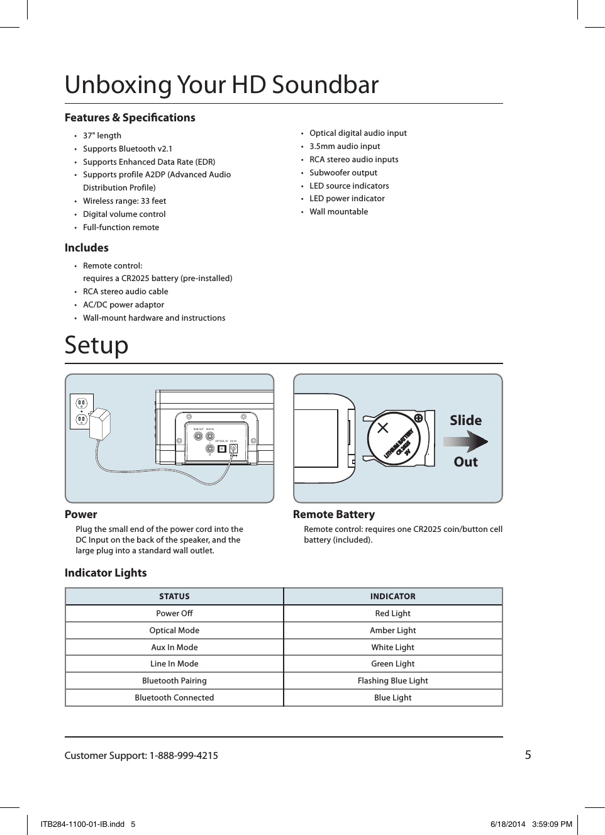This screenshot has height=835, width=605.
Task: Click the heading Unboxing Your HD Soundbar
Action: click(x=221, y=85)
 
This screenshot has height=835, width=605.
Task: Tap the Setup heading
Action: click(x=96, y=345)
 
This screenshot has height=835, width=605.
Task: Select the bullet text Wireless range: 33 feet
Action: click(x=125, y=201)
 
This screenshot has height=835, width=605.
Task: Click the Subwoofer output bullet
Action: click(x=343, y=173)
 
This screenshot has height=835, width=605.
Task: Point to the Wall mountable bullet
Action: click(x=338, y=212)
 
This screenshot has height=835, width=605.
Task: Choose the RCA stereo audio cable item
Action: click(x=125, y=292)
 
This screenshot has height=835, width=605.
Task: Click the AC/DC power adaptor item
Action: click(x=123, y=305)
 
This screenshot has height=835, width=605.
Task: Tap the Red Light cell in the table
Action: click(x=392, y=614)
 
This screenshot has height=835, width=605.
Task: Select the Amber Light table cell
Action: click(x=392, y=631)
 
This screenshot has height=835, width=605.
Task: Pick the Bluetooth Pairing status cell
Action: click(x=174, y=681)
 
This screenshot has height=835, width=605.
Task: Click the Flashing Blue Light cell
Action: click(x=392, y=681)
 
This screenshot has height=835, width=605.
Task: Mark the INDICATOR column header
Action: click(x=392, y=597)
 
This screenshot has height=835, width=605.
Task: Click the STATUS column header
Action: click(x=174, y=597)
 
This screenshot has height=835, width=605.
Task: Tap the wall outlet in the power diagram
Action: click(x=82, y=411)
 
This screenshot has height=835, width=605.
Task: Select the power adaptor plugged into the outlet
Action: click(x=100, y=425)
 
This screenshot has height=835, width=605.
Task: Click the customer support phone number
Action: click(x=184, y=756)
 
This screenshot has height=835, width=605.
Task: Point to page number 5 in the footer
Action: click(x=528, y=755)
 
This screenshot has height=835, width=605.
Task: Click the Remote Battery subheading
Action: click(x=334, y=514)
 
